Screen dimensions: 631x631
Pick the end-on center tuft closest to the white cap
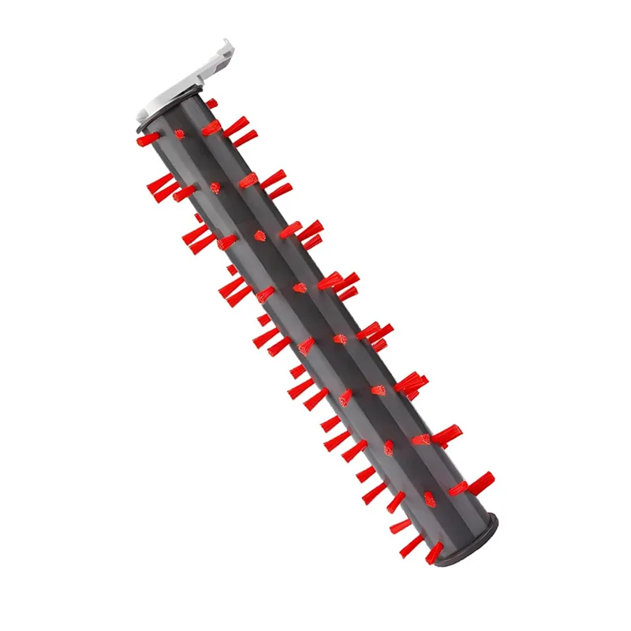(x=179, y=134)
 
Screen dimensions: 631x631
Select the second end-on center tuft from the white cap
(x=215, y=187)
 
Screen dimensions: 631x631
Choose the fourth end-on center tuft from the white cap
(x=301, y=288)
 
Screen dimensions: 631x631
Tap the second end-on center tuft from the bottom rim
(x=389, y=448)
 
